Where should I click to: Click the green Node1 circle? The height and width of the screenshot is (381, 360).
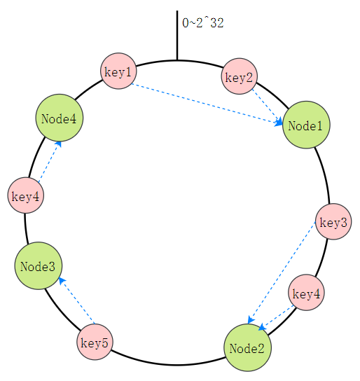point(306,125)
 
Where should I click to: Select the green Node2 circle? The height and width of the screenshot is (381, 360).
point(247,347)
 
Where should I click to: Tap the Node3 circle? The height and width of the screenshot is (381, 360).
point(39,266)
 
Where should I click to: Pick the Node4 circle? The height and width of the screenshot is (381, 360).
point(60,118)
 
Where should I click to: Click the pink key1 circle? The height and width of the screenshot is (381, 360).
point(118,71)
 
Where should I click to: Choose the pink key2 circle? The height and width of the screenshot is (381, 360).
point(240,76)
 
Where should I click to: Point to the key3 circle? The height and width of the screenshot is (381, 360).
point(333,221)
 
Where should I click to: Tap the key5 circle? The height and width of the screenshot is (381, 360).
point(95,342)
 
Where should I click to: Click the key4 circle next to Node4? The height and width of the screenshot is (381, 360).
point(26,195)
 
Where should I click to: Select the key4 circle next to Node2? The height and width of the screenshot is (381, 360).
point(306,293)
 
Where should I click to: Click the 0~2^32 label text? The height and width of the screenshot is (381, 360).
point(203,23)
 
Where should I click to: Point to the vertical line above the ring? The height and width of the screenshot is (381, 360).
point(177,35)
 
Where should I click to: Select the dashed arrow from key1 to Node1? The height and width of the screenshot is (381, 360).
point(207,104)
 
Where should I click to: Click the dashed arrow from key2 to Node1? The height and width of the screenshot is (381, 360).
point(268,107)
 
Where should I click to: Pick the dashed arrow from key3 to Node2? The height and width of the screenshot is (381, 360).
point(282,272)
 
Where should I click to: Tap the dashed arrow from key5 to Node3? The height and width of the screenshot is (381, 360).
point(77,301)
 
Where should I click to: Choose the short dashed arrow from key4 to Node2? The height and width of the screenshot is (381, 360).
point(277,318)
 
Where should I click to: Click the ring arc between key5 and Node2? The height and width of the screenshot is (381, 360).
point(167,364)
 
